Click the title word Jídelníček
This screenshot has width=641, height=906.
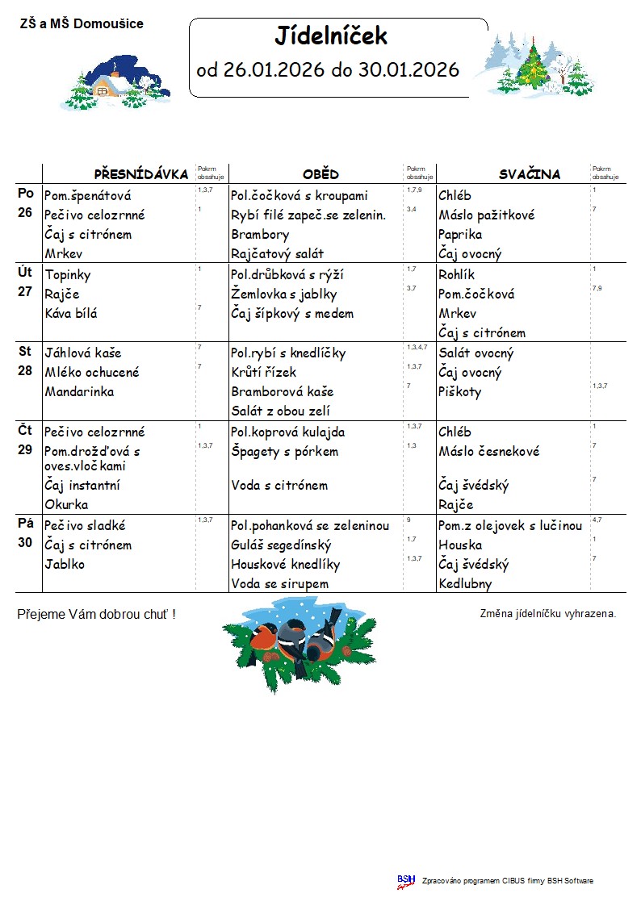(331, 36)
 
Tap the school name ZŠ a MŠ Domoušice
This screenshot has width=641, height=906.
(82, 24)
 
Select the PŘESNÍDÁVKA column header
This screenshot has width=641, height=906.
(141, 174)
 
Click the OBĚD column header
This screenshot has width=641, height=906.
(320, 174)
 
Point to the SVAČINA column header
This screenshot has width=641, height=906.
(529, 174)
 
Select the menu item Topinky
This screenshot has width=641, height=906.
(68, 274)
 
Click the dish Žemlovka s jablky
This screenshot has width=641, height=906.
(283, 294)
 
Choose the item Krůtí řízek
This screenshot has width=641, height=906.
(264, 372)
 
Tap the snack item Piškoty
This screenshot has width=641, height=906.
(459, 391)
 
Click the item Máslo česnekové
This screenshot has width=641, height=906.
(488, 451)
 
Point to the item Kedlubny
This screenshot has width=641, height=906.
(465, 583)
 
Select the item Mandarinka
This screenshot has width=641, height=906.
(79, 391)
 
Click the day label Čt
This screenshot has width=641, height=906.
(26, 430)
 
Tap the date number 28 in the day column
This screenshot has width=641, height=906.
(26, 370)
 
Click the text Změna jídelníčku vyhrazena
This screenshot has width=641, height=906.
(547, 613)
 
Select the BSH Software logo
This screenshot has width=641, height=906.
(406, 881)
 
